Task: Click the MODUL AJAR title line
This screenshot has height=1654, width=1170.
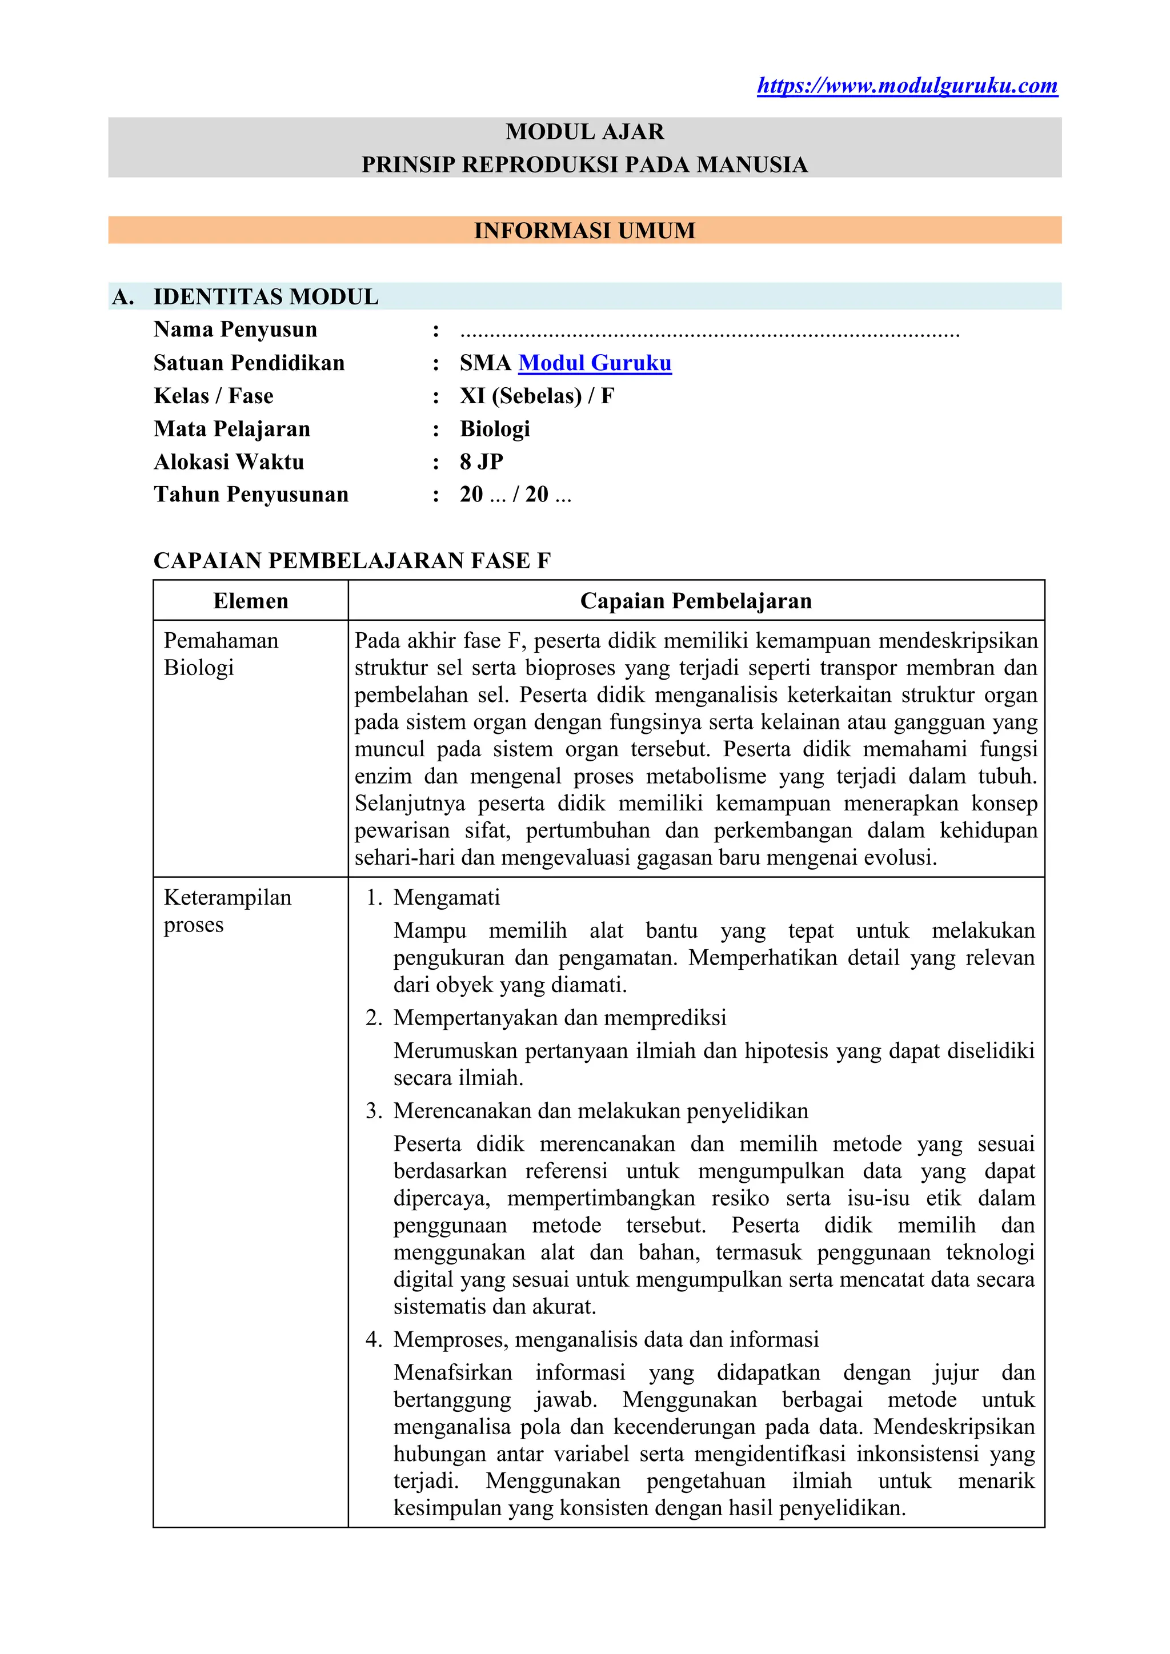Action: (x=584, y=132)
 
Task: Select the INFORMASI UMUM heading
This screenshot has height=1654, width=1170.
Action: (x=584, y=231)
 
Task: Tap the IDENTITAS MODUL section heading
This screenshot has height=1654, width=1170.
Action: (x=266, y=297)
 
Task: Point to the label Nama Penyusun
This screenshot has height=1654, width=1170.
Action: (x=235, y=330)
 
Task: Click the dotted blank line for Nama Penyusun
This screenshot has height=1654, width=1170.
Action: (x=710, y=333)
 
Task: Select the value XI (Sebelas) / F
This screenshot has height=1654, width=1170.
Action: (x=537, y=396)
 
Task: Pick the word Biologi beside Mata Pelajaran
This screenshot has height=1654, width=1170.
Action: (x=495, y=429)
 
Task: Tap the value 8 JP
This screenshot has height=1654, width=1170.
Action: (x=481, y=462)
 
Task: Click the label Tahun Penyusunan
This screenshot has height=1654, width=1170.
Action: (x=251, y=495)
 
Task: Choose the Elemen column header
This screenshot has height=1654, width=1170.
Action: (x=251, y=601)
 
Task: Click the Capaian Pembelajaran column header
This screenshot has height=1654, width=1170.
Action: (x=696, y=601)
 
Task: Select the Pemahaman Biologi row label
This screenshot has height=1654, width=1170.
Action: (x=221, y=654)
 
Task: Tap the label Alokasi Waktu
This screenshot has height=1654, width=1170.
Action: (x=229, y=462)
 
